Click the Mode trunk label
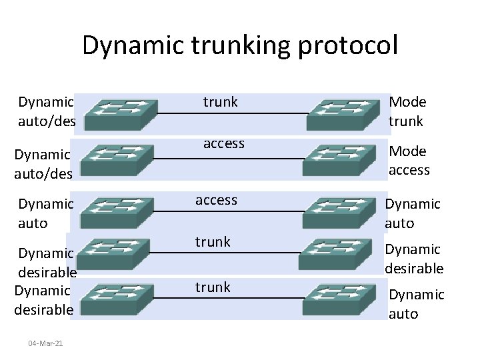tap(407, 111)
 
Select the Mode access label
tap(409, 161)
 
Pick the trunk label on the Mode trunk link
tap(220, 102)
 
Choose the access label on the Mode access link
tap(223, 143)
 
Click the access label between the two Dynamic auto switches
tap(215, 200)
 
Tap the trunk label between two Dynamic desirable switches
tap(212, 242)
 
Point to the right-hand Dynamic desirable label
tap(413, 259)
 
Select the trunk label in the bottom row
tap(212, 287)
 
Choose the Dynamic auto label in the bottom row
tap(416, 304)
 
